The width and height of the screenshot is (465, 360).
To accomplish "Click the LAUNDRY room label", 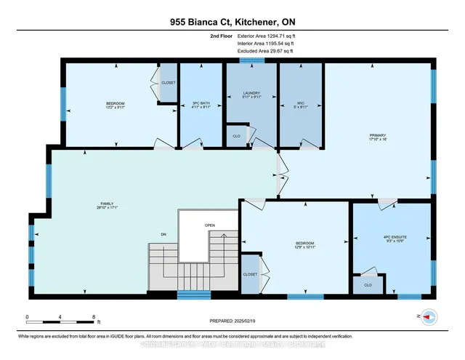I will [x=251, y=93].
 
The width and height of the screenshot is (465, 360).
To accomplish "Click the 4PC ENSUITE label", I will [x=386, y=236].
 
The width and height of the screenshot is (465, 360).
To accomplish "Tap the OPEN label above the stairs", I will [x=210, y=225].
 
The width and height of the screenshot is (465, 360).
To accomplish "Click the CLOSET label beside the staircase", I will [x=251, y=274].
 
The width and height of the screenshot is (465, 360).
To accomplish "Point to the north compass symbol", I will [x=429, y=318].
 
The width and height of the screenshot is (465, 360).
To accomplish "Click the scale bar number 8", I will [x=94, y=317].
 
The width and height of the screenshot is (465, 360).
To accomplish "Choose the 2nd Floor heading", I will [x=220, y=36].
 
